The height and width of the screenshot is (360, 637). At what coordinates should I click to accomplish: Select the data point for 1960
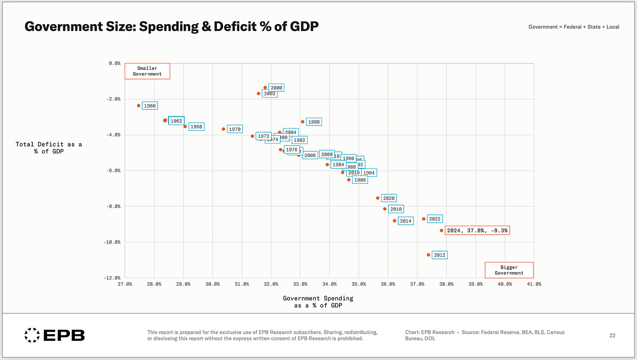click(139, 105)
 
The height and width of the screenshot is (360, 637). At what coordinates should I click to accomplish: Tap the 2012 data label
click(440, 255)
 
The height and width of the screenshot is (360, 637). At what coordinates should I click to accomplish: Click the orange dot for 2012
click(428, 255)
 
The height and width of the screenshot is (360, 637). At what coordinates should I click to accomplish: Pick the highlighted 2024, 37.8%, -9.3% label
click(477, 231)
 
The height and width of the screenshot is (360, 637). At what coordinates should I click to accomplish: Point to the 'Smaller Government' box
click(147, 71)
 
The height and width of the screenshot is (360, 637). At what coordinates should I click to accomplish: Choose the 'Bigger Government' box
click(509, 270)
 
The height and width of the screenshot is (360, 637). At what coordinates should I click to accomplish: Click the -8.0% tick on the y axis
click(114, 206)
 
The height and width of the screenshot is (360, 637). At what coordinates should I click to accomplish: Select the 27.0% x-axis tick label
click(125, 284)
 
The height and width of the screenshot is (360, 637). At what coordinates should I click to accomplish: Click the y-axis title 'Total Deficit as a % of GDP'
click(49, 148)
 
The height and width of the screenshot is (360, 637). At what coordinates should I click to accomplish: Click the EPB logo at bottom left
click(54, 336)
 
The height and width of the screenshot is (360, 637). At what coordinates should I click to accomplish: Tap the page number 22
click(612, 336)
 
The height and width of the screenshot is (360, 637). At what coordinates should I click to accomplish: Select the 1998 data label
click(314, 122)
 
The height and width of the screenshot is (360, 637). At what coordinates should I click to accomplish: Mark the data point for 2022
click(423, 219)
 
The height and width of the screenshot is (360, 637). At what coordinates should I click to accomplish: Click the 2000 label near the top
click(276, 88)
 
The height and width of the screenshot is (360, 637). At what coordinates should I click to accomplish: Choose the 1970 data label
click(234, 129)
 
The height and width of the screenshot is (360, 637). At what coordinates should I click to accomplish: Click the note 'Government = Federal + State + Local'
click(574, 27)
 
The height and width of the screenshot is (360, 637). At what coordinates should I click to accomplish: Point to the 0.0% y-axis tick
click(115, 63)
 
